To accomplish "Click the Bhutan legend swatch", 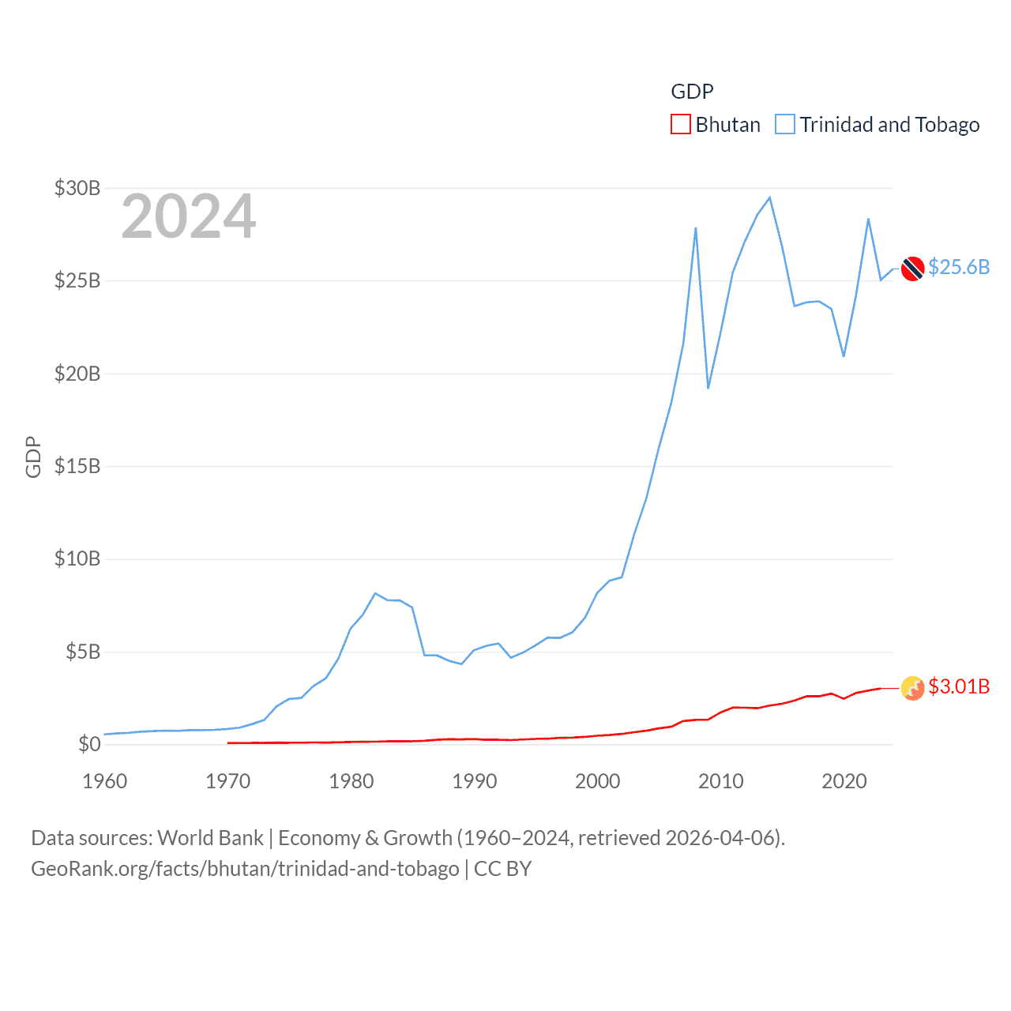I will pos(680,125).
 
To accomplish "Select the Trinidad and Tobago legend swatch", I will pos(784,125).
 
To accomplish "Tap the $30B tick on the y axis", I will pos(77,188).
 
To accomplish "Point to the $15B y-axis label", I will pos(77,466).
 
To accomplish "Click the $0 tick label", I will pos(89,744).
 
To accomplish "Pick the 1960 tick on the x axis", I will pos(105,781).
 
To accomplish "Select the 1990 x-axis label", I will pos(475,781).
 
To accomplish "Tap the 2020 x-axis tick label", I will pos(844,781).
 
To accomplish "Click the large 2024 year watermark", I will pos(189,216).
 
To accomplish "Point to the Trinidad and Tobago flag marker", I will pos(912,269).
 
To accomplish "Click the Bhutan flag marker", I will pos(912,688).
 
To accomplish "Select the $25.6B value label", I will pos(959,267).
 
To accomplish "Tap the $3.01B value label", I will pos(959,686).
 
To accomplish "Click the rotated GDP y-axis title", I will pos(33,457).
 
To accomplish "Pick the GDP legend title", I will pos(692,92).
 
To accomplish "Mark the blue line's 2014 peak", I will pos(769,197).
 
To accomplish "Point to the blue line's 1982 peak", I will pos(375,593).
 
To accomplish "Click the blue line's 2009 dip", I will pos(708,388).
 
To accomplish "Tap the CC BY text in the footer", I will pos(502,869).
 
